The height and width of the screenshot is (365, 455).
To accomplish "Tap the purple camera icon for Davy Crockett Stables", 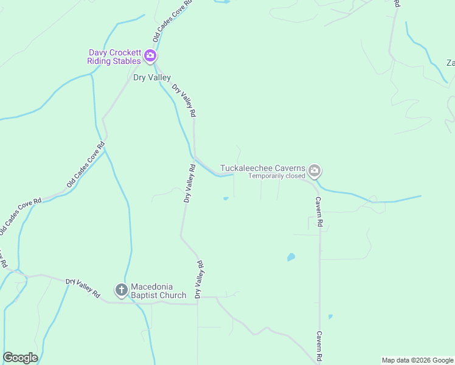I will click(150, 57).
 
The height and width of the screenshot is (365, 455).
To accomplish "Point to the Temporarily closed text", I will click(276, 176).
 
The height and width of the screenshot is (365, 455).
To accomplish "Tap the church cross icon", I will click(121, 290).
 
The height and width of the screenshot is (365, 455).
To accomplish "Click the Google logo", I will click(20, 358).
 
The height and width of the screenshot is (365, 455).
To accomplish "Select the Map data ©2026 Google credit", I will click(417, 360).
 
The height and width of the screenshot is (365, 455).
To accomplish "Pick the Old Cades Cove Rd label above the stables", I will click(173, 21).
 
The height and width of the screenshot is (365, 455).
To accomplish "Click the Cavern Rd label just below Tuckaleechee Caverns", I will click(318, 212).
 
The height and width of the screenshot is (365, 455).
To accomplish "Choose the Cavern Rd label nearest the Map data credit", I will click(318, 346).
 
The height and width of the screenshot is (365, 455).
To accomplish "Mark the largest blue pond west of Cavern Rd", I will click(291, 257).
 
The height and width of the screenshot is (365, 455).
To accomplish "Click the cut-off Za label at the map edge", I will click(451, 63).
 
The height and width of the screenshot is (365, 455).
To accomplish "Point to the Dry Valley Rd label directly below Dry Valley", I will click(184, 100).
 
